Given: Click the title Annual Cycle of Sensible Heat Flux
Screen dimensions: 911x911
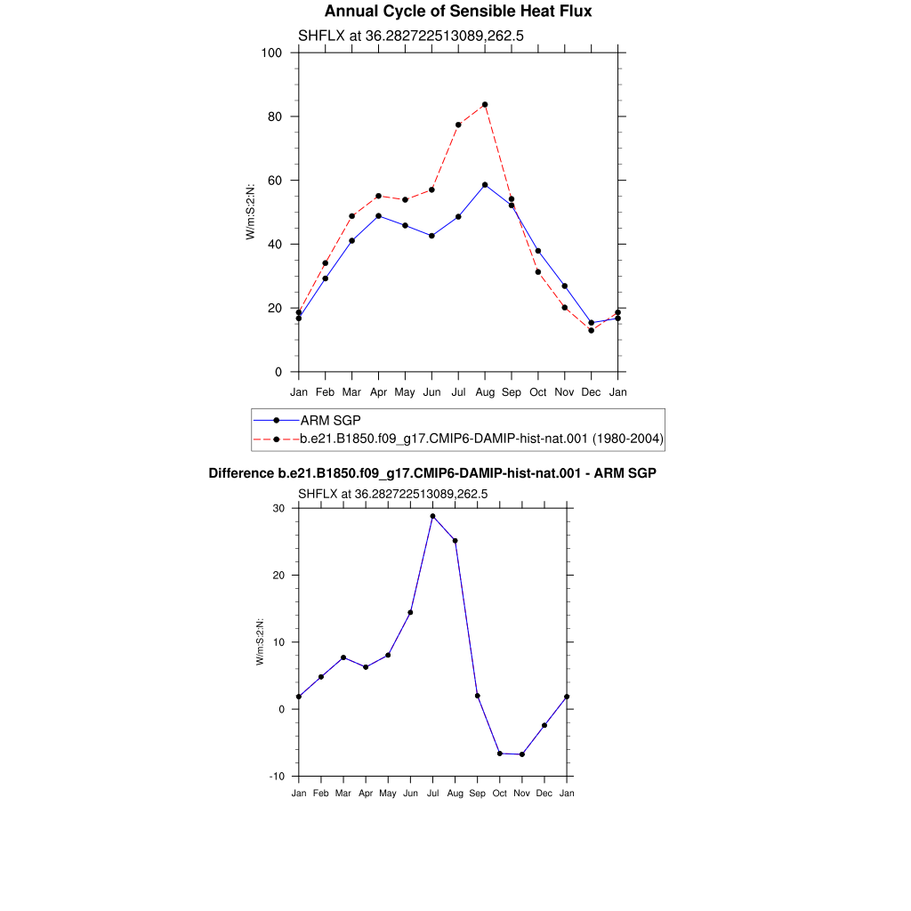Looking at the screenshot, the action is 458,11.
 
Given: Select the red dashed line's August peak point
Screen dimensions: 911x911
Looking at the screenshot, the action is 485,105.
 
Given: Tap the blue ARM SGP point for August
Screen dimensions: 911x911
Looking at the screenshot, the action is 485,185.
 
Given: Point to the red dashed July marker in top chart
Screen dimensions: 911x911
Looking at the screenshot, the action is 458,125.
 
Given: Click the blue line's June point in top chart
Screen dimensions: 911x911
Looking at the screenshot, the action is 431,236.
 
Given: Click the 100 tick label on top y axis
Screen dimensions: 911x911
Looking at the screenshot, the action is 271,52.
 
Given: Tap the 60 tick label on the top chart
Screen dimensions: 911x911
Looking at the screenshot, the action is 275,181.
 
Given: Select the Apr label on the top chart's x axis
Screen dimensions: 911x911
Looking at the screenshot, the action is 378,392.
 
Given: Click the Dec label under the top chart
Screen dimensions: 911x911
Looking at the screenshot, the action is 591,392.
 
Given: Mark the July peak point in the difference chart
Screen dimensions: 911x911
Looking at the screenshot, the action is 433,516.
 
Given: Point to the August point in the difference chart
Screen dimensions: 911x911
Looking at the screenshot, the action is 455,541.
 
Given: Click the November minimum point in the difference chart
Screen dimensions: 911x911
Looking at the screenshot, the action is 521,754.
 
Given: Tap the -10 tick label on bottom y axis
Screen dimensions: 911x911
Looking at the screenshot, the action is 278,776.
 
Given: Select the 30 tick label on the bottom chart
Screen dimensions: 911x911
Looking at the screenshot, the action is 278,508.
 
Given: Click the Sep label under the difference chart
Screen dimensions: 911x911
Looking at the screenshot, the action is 477,793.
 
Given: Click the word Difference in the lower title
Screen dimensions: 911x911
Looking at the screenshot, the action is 241,473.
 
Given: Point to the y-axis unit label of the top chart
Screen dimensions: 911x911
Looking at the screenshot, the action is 250,212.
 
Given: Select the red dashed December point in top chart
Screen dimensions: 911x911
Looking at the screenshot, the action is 592,331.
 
